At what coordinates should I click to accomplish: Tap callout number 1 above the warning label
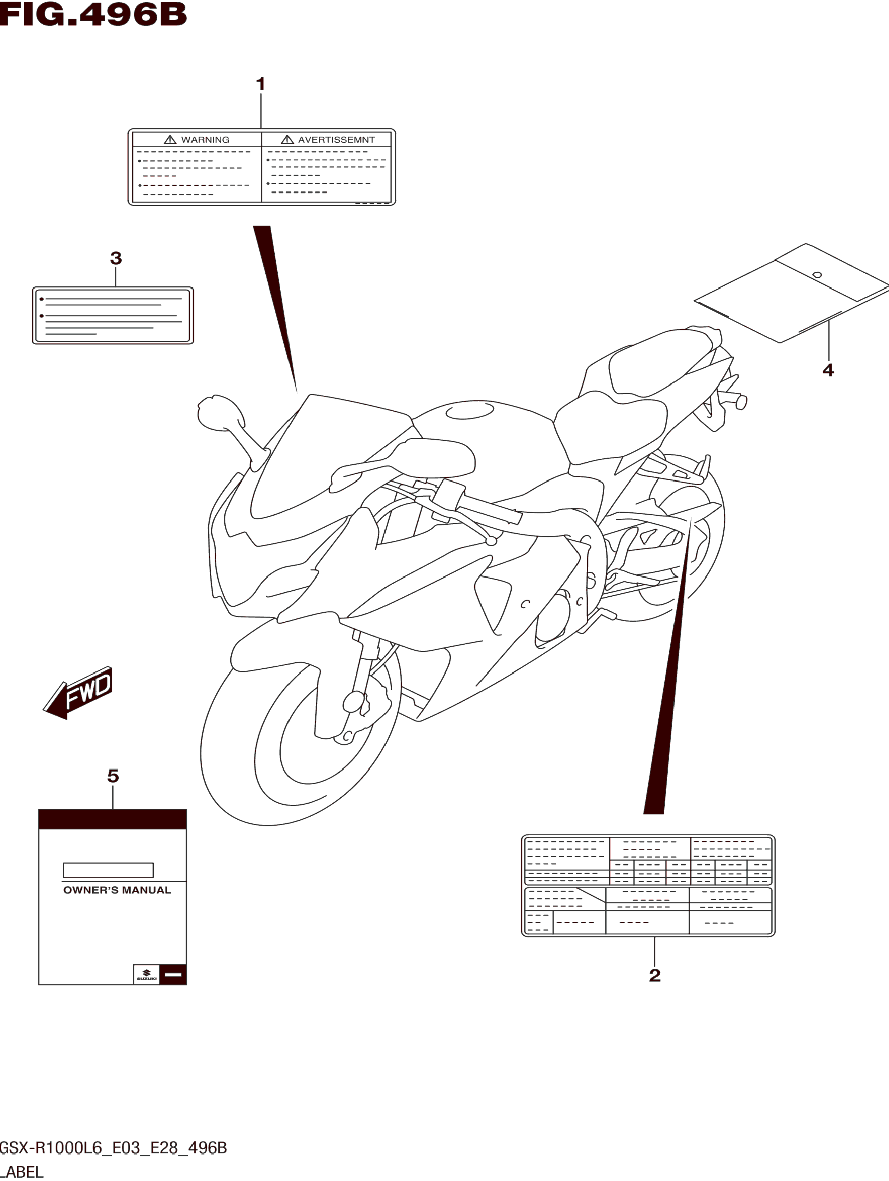click(261, 84)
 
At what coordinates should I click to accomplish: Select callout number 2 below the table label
click(655, 976)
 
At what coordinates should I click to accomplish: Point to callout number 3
click(116, 258)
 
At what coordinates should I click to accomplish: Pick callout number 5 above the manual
click(113, 776)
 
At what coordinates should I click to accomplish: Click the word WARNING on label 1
click(205, 140)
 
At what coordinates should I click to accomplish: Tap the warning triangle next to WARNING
click(170, 140)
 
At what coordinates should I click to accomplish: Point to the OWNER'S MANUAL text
click(117, 890)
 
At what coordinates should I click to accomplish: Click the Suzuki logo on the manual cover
click(146, 974)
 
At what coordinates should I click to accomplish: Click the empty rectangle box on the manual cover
click(108, 870)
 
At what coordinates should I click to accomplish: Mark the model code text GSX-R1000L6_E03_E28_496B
click(113, 1147)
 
